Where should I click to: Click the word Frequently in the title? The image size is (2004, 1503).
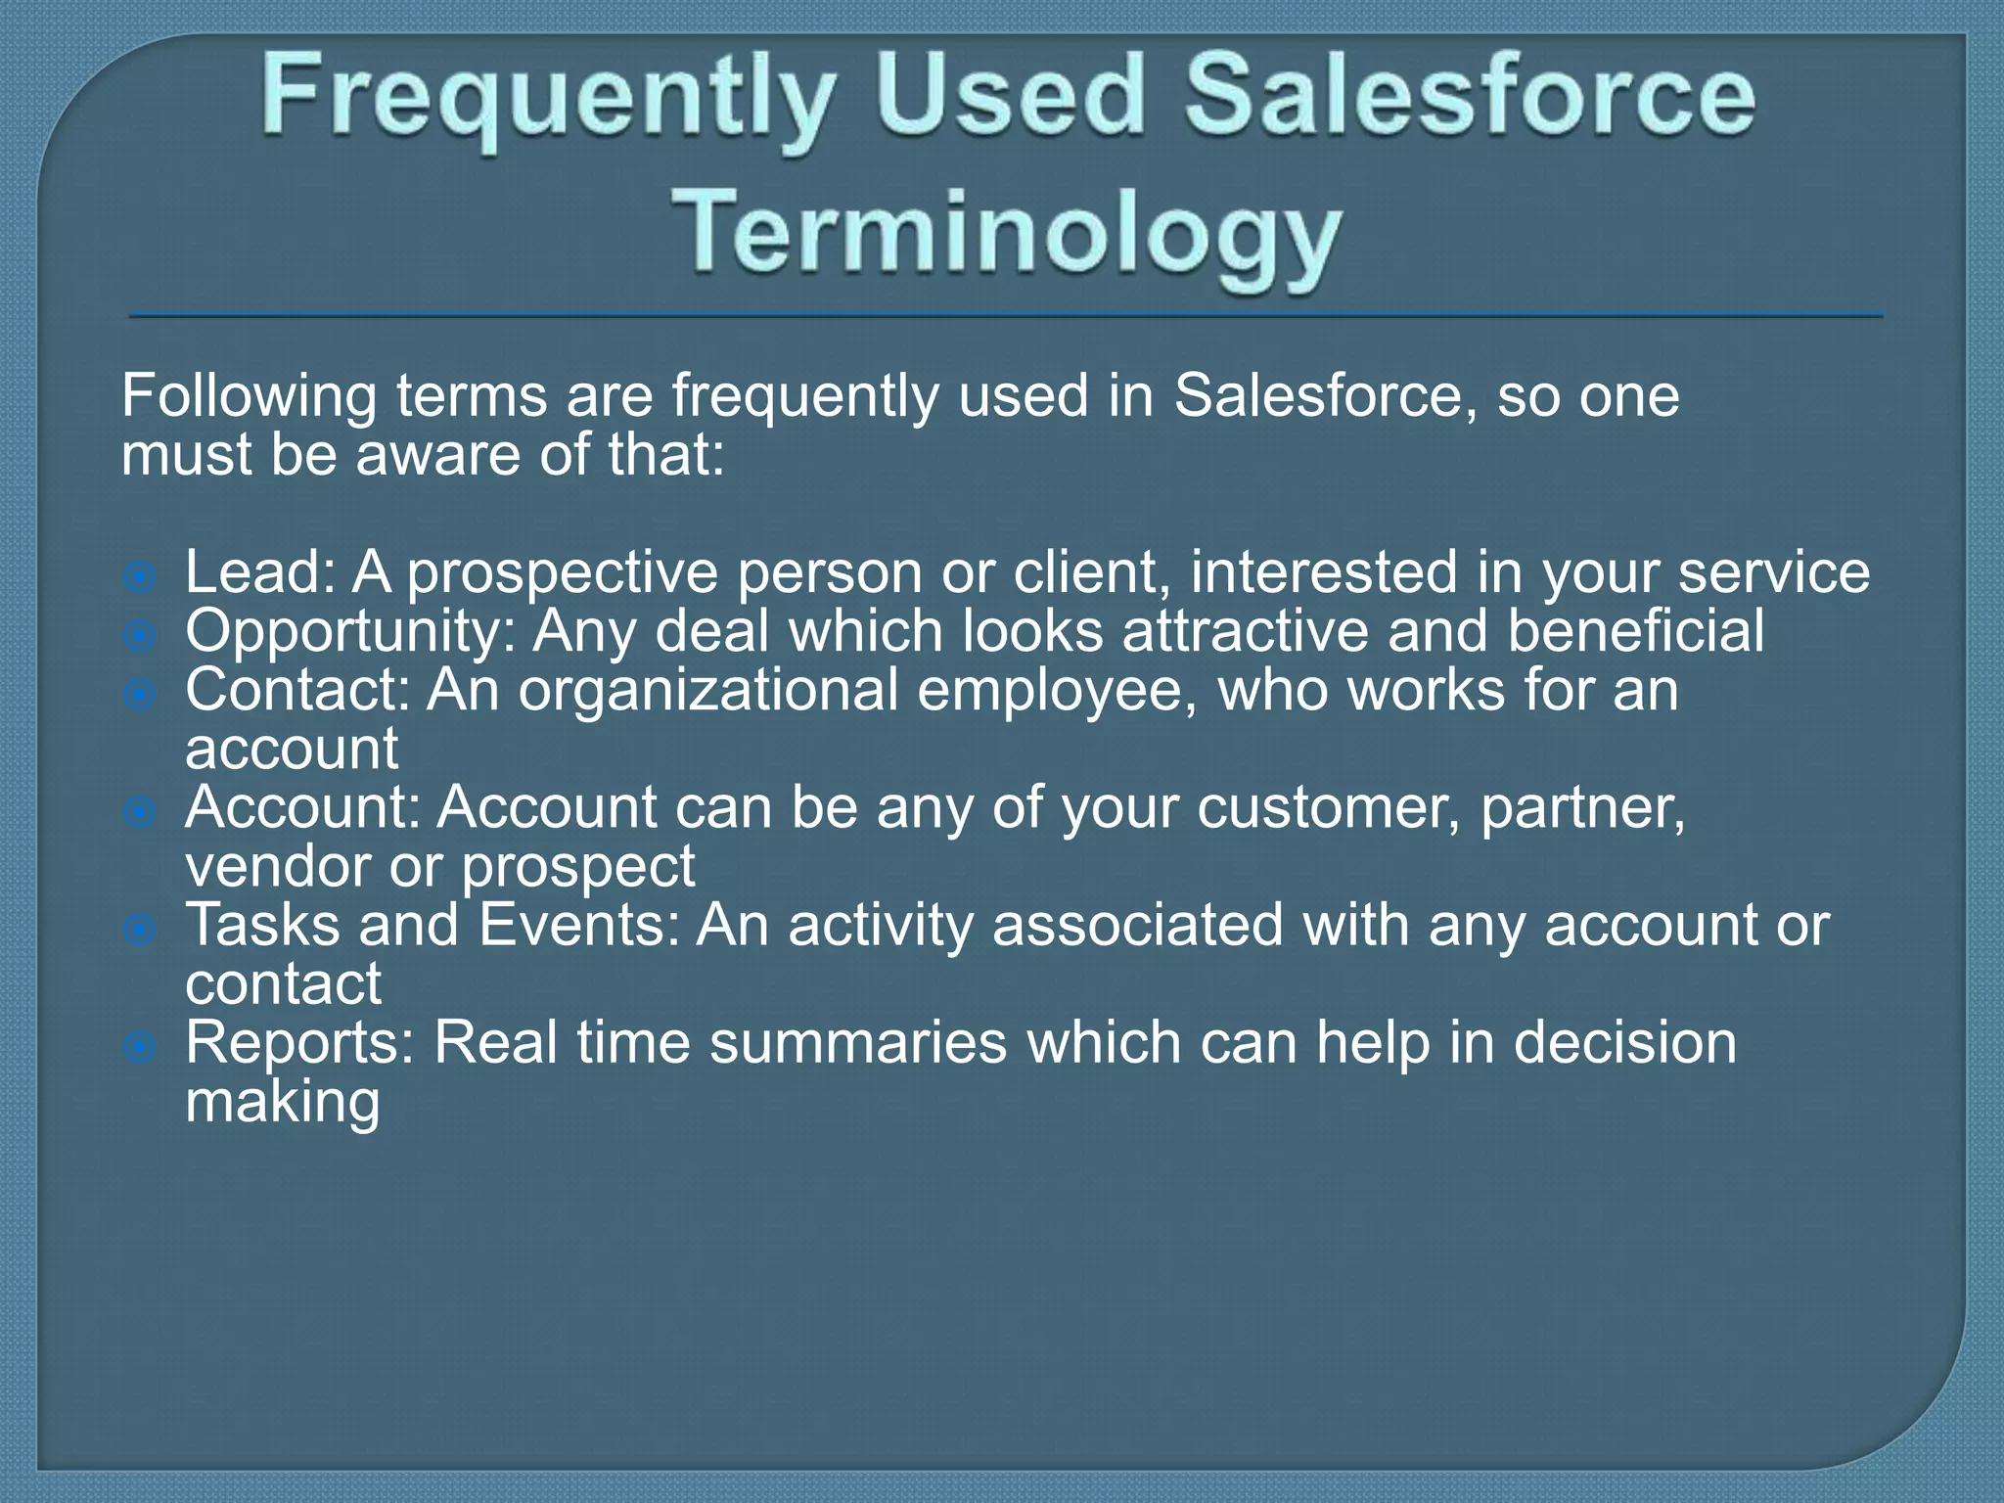548,98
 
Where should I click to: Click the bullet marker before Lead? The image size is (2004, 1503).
141,577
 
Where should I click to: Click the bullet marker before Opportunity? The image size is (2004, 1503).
141,636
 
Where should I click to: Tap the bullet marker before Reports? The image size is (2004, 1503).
141,1048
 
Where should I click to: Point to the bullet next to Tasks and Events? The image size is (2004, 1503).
141,930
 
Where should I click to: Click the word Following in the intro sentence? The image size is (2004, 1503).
250,398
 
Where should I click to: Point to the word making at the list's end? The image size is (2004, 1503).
283,1104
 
